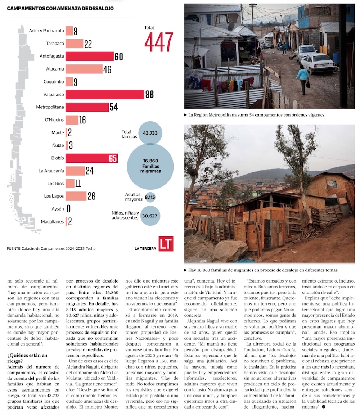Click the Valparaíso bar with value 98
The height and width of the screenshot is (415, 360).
pos(105,94)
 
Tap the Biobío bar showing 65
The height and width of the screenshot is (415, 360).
pos(91,158)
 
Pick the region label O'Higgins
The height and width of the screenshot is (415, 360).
pos(55,120)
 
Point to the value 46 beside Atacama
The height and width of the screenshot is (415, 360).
pos(107,69)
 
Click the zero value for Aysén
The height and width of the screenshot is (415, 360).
pos(68,209)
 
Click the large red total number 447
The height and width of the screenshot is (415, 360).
pos(159,42)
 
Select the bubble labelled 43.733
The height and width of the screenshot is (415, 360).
pos(150,133)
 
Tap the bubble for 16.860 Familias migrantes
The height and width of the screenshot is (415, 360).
pos(150,166)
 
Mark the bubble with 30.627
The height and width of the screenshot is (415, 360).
pos(150,216)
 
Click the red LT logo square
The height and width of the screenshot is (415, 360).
pos(166,244)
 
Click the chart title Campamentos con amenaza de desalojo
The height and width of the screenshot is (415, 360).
pos(60,8)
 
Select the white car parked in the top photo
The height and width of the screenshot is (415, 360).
pos(318,63)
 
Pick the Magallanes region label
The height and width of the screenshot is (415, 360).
pos(52,222)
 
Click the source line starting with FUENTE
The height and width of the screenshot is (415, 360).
pos(51,248)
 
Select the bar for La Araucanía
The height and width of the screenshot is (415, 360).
pos(75,171)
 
